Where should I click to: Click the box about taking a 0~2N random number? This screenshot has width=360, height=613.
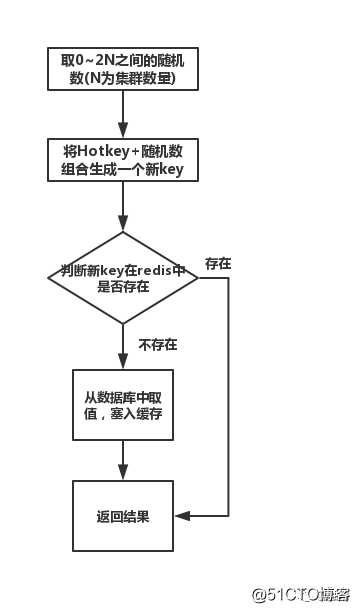pos(122,70)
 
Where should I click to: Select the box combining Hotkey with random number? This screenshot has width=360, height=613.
pos(122,160)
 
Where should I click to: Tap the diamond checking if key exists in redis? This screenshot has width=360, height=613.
pos(122,278)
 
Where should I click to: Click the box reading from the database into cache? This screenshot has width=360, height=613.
pos(122,404)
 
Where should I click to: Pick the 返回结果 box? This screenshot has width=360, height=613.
pos(122,516)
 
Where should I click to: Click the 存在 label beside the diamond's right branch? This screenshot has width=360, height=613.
pos(218,263)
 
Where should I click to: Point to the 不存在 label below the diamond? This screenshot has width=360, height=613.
pos(157,344)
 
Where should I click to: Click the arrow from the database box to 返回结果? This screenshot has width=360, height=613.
pos(122,460)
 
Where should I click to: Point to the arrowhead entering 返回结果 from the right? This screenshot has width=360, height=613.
pos(181,516)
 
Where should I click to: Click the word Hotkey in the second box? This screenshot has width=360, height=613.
pos(99,151)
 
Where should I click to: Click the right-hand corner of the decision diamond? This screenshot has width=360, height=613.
pos(196,278)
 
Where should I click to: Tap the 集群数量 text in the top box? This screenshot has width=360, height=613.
pos(144,79)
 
